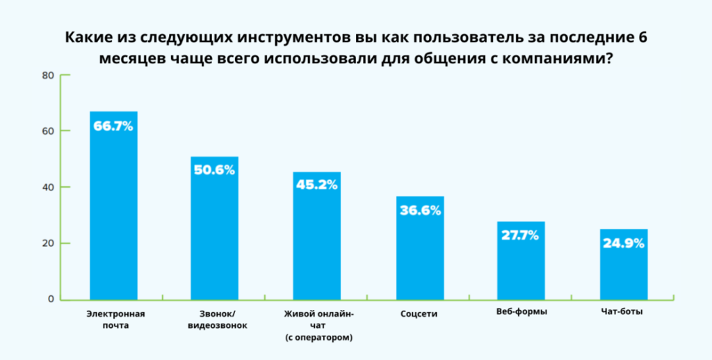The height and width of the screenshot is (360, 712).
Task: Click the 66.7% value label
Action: point(113,126)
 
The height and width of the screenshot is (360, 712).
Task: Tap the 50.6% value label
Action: point(214,171)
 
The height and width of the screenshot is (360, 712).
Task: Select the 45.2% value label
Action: point(316,185)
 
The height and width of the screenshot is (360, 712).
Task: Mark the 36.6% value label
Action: point(420,210)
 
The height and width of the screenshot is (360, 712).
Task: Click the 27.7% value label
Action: point(521,235)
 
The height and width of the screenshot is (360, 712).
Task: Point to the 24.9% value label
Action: point(624,243)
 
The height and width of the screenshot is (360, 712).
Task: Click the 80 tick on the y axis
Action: point(48,75)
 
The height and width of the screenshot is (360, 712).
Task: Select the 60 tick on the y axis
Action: point(48,131)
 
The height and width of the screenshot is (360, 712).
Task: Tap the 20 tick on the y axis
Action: point(48,243)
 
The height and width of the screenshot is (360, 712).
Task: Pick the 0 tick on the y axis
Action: point(51,300)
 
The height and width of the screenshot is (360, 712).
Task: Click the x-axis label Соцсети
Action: point(419,313)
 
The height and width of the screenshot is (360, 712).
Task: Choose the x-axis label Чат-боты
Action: point(622,312)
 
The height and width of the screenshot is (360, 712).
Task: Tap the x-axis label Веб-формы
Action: point(521,312)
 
